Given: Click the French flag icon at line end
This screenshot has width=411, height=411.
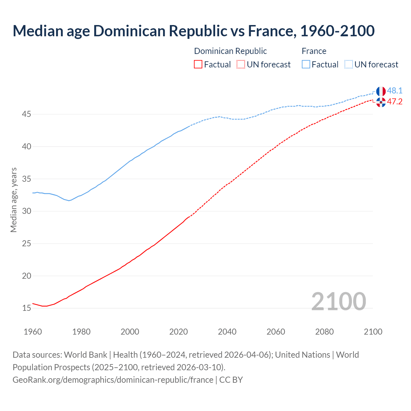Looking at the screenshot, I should (x=381, y=91).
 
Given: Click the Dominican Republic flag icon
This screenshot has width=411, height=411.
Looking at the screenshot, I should (x=381, y=102).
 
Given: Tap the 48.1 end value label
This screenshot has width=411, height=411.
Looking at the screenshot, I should (x=395, y=91).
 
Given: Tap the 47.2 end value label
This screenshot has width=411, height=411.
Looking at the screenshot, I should (x=395, y=102).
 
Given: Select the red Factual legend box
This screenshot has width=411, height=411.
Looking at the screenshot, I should (x=198, y=65).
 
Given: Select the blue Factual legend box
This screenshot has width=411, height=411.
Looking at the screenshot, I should (x=306, y=65).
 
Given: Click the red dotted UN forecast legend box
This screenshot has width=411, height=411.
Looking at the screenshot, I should (x=241, y=65).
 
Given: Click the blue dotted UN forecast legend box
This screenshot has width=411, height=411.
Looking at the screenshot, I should (x=349, y=65).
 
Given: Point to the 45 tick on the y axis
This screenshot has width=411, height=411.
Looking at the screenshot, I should (x=27, y=114).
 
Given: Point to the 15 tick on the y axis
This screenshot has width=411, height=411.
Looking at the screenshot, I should (x=27, y=308).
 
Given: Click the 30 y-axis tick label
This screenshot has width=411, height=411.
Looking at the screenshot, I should (x=27, y=211).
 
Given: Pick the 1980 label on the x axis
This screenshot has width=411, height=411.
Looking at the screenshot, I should (x=81, y=332).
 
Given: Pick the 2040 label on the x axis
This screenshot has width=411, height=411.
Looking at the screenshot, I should (x=227, y=332).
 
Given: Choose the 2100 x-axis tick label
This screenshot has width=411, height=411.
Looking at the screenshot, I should (x=373, y=332).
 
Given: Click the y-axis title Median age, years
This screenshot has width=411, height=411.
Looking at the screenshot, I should (x=13, y=200).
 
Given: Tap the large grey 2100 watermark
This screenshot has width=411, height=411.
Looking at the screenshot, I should (x=338, y=301).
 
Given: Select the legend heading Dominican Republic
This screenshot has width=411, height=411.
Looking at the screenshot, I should (x=230, y=51).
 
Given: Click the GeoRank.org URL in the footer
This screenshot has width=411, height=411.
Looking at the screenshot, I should (x=113, y=380).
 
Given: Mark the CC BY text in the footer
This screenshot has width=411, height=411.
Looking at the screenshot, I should (x=231, y=380).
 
